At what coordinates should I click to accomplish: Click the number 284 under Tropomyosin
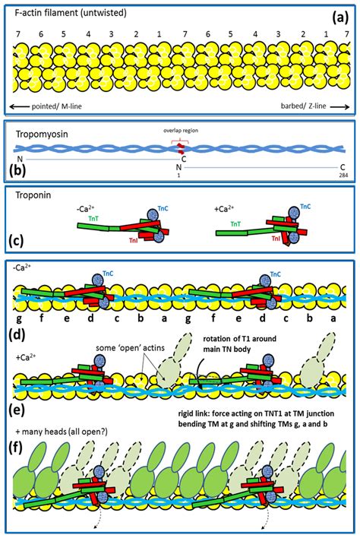pyautogui.click(x=343, y=172)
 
